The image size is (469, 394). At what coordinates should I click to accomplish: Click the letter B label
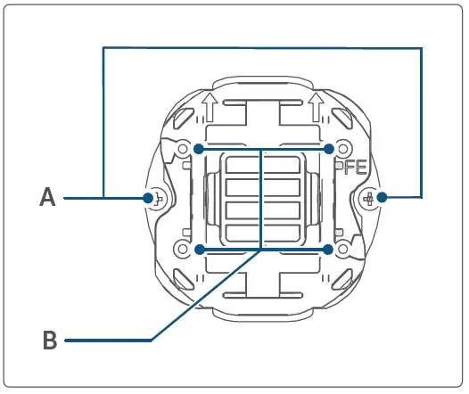click(51, 340)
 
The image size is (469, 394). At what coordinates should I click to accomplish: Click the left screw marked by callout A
click(154, 198)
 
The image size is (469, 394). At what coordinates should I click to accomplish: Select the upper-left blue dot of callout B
click(200, 148)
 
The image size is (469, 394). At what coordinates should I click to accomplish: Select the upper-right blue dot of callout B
click(329, 148)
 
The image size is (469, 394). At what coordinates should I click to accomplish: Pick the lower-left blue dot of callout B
click(200, 249)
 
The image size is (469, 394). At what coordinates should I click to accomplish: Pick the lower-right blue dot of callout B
click(329, 249)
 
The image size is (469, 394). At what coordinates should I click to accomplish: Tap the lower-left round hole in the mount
click(184, 249)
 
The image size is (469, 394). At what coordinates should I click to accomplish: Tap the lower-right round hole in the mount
click(343, 249)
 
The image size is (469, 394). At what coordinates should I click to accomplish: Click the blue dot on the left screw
click(148, 197)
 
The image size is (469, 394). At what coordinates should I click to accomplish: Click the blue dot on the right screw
click(382, 197)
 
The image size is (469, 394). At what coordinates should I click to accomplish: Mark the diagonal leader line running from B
click(205, 295)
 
